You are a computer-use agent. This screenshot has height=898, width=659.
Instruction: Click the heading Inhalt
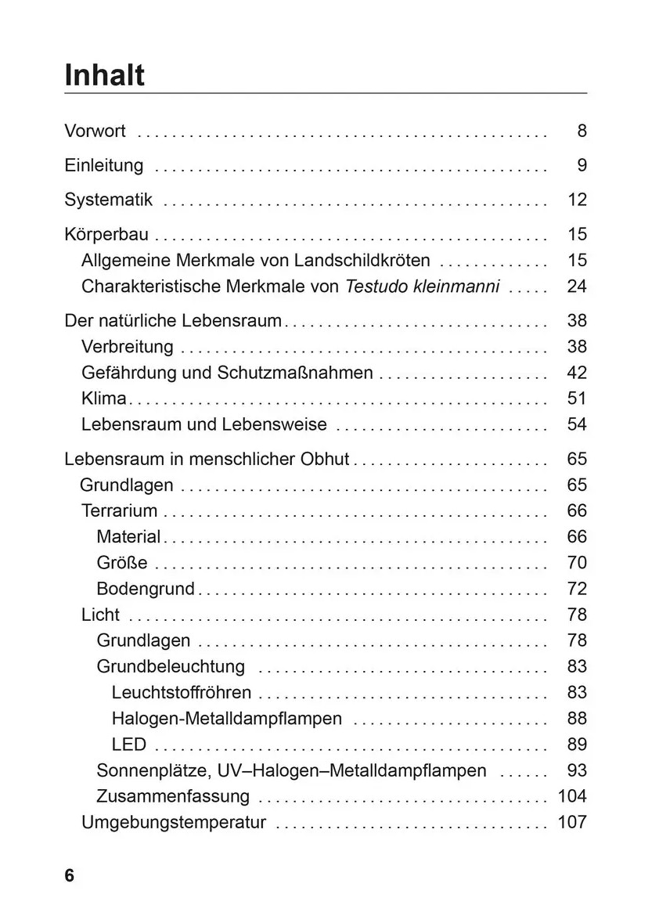pos(104,75)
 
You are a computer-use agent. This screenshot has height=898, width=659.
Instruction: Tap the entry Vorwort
pos(95,131)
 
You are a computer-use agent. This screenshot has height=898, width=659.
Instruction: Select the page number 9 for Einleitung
pos(582,165)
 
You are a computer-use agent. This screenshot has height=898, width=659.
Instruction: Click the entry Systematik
pos(108,200)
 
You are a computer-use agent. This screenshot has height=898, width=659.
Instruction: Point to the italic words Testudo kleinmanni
pos(422,286)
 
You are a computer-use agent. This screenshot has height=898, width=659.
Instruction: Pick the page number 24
pos(577,286)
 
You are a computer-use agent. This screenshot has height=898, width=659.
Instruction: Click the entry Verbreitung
pos(127,346)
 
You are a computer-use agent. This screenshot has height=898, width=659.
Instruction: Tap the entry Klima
pos(103,399)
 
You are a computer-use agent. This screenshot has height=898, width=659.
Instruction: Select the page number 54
pos(577,424)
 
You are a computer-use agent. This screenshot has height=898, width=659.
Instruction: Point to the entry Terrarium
pos(119,510)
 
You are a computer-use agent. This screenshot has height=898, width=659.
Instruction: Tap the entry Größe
pos(121,562)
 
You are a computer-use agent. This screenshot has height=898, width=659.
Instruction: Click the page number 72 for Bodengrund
pos(577,588)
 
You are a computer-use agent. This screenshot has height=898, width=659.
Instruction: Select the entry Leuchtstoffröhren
pos(182,692)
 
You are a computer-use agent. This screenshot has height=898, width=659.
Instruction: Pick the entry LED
pos(128,744)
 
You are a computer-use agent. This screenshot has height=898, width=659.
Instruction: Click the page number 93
pos(577,770)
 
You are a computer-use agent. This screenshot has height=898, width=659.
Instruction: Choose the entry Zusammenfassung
pos(173,796)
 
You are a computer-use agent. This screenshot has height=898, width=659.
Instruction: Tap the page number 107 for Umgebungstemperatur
pos(571,822)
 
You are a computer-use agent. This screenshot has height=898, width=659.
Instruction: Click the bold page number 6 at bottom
pos(70,875)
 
